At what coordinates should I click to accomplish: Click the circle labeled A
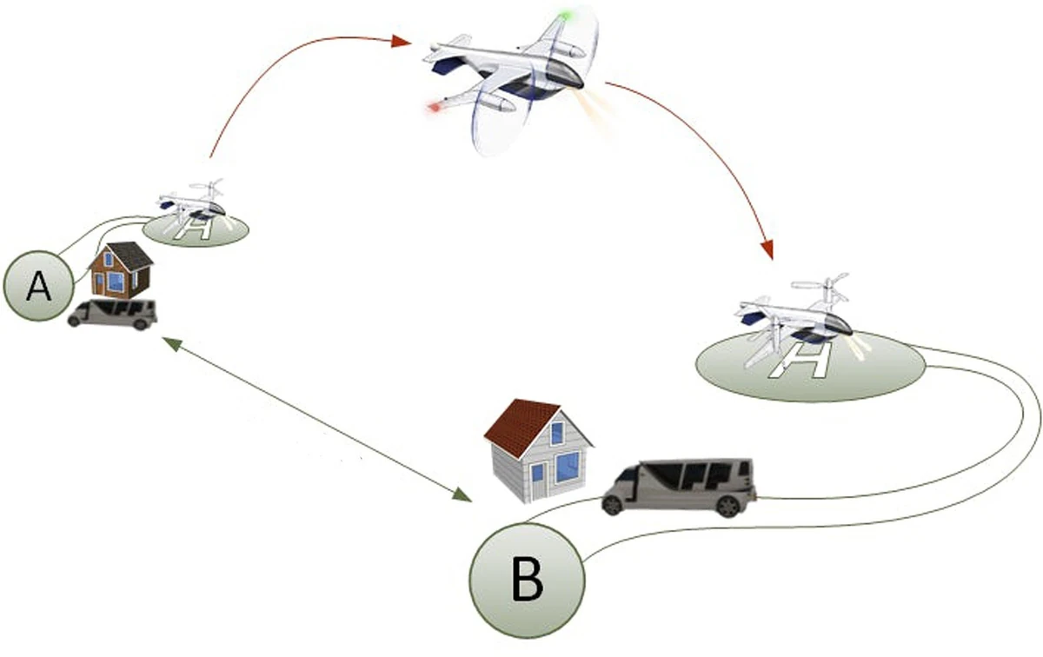tap(38, 286)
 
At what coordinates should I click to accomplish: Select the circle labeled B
tap(527, 581)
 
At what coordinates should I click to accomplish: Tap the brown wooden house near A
tap(121, 270)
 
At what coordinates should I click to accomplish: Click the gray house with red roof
tap(539, 451)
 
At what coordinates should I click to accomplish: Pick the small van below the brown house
tap(112, 315)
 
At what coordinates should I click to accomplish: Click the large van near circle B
tap(679, 487)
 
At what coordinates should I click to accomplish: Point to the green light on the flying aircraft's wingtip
tap(565, 17)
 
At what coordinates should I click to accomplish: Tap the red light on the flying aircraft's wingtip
tap(435, 108)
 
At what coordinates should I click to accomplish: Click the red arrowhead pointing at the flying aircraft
tap(402, 42)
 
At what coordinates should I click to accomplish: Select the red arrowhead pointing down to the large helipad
tap(767, 249)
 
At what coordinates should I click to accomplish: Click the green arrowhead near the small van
tap(170, 343)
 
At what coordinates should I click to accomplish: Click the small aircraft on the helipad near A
tap(192, 205)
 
